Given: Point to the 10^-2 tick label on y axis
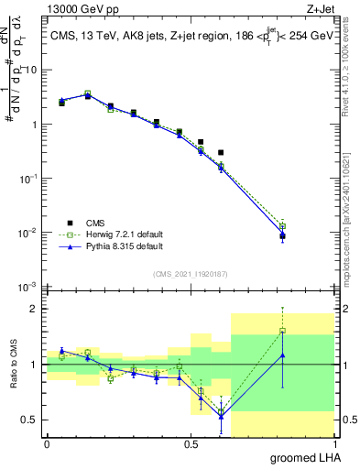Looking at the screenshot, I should tap(27, 233).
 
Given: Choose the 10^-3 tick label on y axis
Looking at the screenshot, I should tap(27, 288).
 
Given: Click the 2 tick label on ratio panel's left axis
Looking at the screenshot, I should tap(35, 309).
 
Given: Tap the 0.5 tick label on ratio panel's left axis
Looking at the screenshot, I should tap(30, 420).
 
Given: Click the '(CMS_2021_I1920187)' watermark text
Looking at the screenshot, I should tap(190, 273).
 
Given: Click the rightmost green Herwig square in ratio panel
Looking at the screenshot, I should tap(282, 332).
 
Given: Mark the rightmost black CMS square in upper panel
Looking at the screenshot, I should tap(282, 235).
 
